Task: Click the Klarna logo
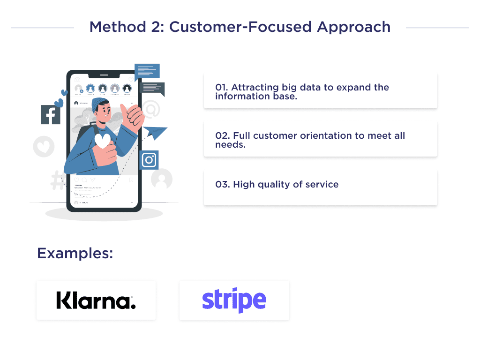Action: tap(96, 300)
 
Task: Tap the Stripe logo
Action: tap(234, 300)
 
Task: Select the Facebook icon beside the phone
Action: tap(51, 115)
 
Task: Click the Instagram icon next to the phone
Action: tap(149, 160)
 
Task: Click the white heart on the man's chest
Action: tap(103, 141)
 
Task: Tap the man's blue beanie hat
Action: tap(99, 104)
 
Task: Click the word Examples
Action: tap(75, 254)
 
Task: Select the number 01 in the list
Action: tap(221, 88)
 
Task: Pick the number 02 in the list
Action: tap(221, 136)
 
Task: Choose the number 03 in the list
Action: tap(221, 184)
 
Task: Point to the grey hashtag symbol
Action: tap(58, 181)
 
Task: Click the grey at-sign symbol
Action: tap(151, 109)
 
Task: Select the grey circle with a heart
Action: tap(44, 147)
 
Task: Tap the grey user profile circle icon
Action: tap(162, 179)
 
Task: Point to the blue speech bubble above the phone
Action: tap(147, 71)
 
